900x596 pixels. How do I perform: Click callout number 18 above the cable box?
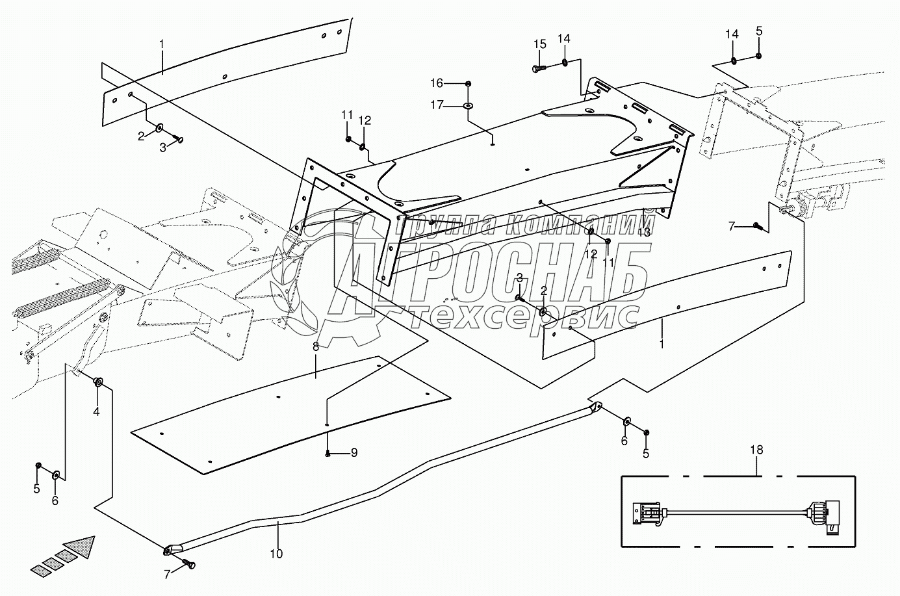[757, 450]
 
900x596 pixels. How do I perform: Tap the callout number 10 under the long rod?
[276, 554]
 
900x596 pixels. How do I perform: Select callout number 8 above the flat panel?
[316, 346]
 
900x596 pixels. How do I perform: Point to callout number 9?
[354, 453]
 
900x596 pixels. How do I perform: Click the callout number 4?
[96, 411]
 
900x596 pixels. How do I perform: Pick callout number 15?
[540, 44]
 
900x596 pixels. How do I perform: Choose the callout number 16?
[437, 83]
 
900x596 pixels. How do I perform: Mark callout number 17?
[437, 105]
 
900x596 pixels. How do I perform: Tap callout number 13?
[644, 232]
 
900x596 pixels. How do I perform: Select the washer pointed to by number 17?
[469, 107]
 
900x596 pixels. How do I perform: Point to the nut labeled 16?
[468, 84]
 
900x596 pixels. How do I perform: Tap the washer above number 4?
[97, 382]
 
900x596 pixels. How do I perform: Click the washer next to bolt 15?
[565, 62]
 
